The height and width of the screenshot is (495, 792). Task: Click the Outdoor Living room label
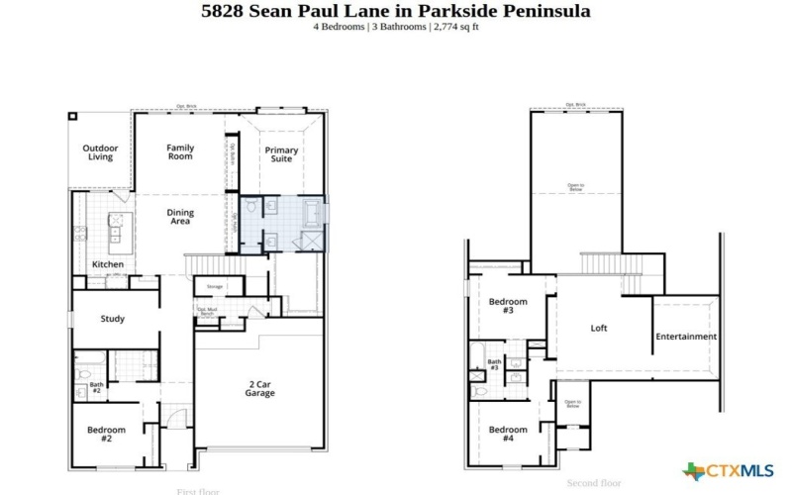[100, 151]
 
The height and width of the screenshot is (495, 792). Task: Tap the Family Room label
[180, 152]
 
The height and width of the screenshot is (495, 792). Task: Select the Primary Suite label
[282, 153]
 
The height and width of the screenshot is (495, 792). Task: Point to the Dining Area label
[180, 216]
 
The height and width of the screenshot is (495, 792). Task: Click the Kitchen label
[108, 265]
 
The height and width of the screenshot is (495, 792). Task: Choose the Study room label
[112, 319]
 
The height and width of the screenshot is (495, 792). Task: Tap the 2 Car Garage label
[260, 388]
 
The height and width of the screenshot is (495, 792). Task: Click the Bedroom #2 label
[106, 434]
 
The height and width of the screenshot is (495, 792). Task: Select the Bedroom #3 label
[508, 306]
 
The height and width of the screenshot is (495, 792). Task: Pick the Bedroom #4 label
[508, 434]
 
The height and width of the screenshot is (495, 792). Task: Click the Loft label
[599, 328]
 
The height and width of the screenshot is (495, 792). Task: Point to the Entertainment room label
[686, 337]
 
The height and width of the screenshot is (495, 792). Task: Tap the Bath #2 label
[96, 387]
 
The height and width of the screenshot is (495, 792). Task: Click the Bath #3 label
[493, 365]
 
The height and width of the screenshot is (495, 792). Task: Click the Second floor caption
[594, 483]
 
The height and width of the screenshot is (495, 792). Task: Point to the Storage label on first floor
[214, 287]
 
